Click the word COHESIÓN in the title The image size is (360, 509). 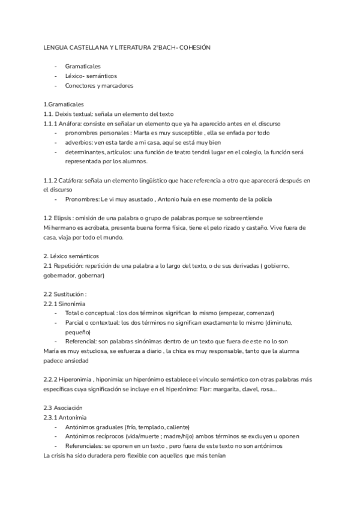tap(194, 46)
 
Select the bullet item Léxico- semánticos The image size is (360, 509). tap(91, 76)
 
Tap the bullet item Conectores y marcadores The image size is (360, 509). tap(99, 86)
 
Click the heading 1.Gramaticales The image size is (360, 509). tap(64, 104)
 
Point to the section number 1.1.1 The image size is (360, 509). tap(52, 124)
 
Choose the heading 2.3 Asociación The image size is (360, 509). tap(67, 408)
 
